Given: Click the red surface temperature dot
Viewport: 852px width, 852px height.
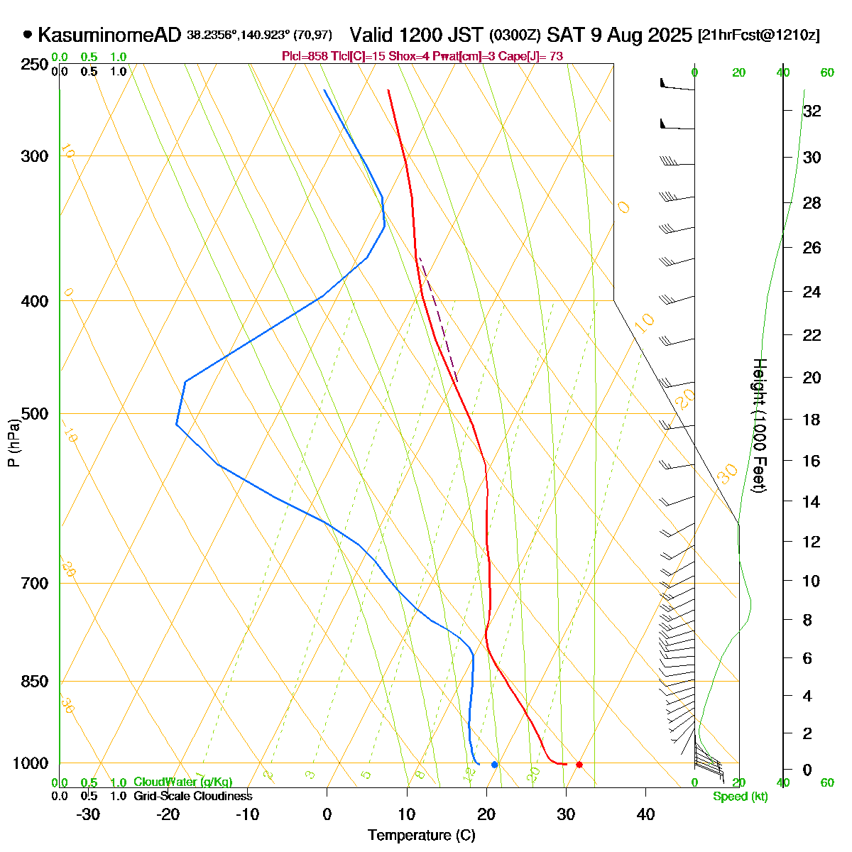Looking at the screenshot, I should (x=579, y=765).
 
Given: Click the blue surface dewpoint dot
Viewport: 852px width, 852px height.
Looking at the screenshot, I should (x=495, y=765).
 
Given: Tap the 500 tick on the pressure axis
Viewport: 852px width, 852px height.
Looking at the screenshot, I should (x=36, y=414).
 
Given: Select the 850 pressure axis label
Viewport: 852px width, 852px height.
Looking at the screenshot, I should (x=36, y=682).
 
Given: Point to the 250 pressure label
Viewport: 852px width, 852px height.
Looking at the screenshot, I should (x=36, y=65).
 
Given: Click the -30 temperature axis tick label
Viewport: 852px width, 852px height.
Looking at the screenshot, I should (x=88, y=814).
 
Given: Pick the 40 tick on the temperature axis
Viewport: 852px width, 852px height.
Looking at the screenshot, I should (x=645, y=814).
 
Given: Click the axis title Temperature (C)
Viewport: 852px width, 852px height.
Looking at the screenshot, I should (x=421, y=836).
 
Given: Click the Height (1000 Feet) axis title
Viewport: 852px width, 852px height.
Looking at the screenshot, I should (x=758, y=426).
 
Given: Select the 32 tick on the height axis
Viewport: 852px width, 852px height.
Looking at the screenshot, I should (x=812, y=111).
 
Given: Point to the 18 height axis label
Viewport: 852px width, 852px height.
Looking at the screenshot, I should (x=812, y=420).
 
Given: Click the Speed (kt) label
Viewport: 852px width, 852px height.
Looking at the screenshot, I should (x=740, y=797).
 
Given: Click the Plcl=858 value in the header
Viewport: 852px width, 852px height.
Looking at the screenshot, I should (x=304, y=56).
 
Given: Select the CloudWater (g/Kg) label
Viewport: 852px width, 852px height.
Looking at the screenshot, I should (x=182, y=782).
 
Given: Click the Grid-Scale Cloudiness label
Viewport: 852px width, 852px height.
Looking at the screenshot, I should (x=192, y=797).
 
